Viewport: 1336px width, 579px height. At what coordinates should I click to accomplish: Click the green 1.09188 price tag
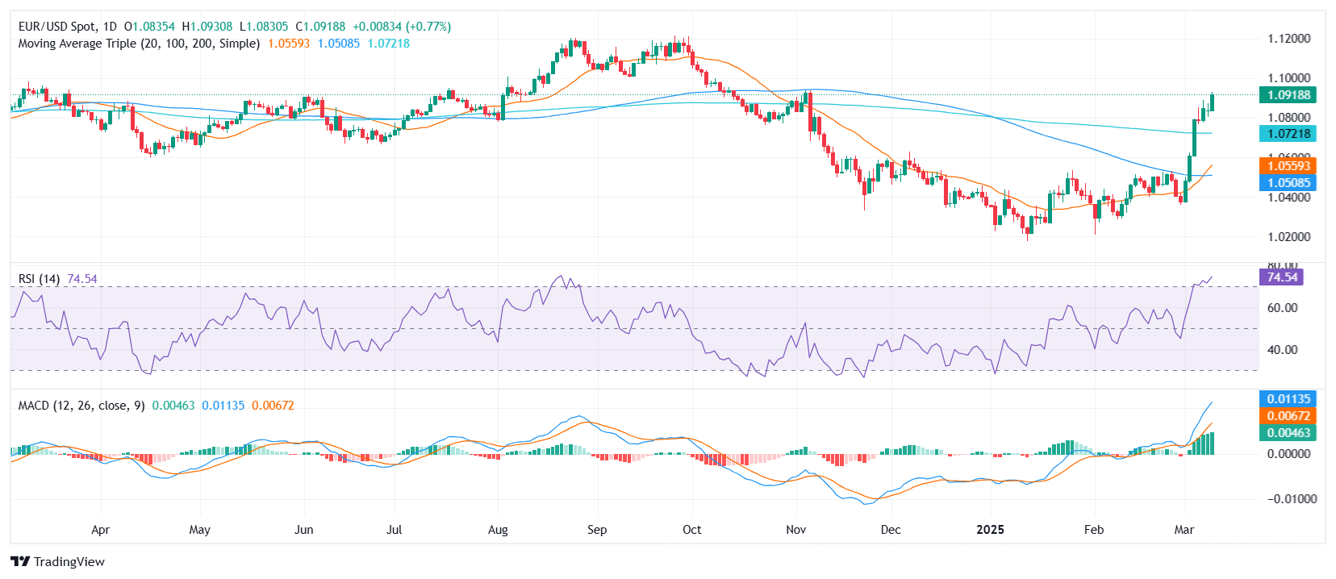pyautogui.click(x=1288, y=95)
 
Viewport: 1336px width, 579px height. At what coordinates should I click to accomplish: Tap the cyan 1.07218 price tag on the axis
pyautogui.click(x=1288, y=134)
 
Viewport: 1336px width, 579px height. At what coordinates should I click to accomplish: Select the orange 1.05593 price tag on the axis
pyautogui.click(x=1288, y=166)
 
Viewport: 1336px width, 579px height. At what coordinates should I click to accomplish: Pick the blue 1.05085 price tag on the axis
pyautogui.click(x=1288, y=183)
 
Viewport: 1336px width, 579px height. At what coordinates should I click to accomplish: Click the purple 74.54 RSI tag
pyautogui.click(x=1281, y=277)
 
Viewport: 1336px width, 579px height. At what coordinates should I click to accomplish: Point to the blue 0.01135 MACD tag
pyautogui.click(x=1288, y=399)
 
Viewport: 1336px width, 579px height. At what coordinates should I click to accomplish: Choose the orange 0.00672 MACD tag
pyautogui.click(x=1288, y=416)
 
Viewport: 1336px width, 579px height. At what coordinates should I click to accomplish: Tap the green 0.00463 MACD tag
pyautogui.click(x=1288, y=433)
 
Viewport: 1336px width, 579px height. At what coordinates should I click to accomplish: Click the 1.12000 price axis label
pyautogui.click(x=1288, y=39)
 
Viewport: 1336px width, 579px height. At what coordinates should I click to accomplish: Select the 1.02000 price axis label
pyautogui.click(x=1288, y=237)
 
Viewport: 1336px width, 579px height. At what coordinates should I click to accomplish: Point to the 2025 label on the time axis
pyautogui.click(x=990, y=530)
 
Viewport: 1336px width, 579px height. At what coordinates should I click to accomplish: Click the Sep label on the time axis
pyautogui.click(x=597, y=530)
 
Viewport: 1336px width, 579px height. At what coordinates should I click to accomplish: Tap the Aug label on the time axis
pyautogui.click(x=498, y=530)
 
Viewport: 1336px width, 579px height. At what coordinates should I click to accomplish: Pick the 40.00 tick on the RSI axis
pyautogui.click(x=1283, y=350)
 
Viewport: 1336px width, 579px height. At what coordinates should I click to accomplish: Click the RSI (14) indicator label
pyautogui.click(x=39, y=279)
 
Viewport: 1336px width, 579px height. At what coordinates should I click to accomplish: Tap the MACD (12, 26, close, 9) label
pyautogui.click(x=81, y=406)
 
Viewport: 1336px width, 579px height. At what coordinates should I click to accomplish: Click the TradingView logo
pyautogui.click(x=58, y=562)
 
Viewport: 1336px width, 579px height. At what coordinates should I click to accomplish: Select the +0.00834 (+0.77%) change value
pyautogui.click(x=402, y=27)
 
